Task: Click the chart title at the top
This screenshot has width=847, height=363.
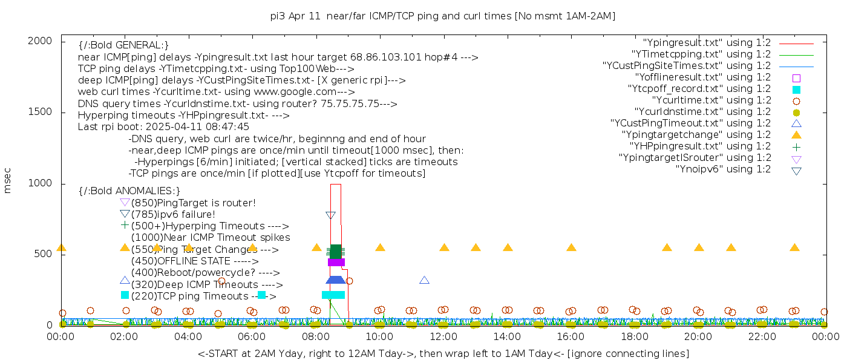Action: pyautogui.click(x=442, y=16)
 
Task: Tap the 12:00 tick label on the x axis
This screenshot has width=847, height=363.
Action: pyautogui.click(x=443, y=336)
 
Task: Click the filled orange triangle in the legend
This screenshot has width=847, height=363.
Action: pyautogui.click(x=796, y=135)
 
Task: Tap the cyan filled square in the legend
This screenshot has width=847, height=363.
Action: pyautogui.click(x=796, y=89)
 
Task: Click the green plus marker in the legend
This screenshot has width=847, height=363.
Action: pyautogui.click(x=796, y=146)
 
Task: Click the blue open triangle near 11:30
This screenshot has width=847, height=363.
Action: pyautogui.click(x=424, y=280)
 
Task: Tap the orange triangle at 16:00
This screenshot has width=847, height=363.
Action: pyautogui.click(x=571, y=247)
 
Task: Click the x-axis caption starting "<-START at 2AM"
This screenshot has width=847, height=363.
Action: pyautogui.click(x=443, y=353)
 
